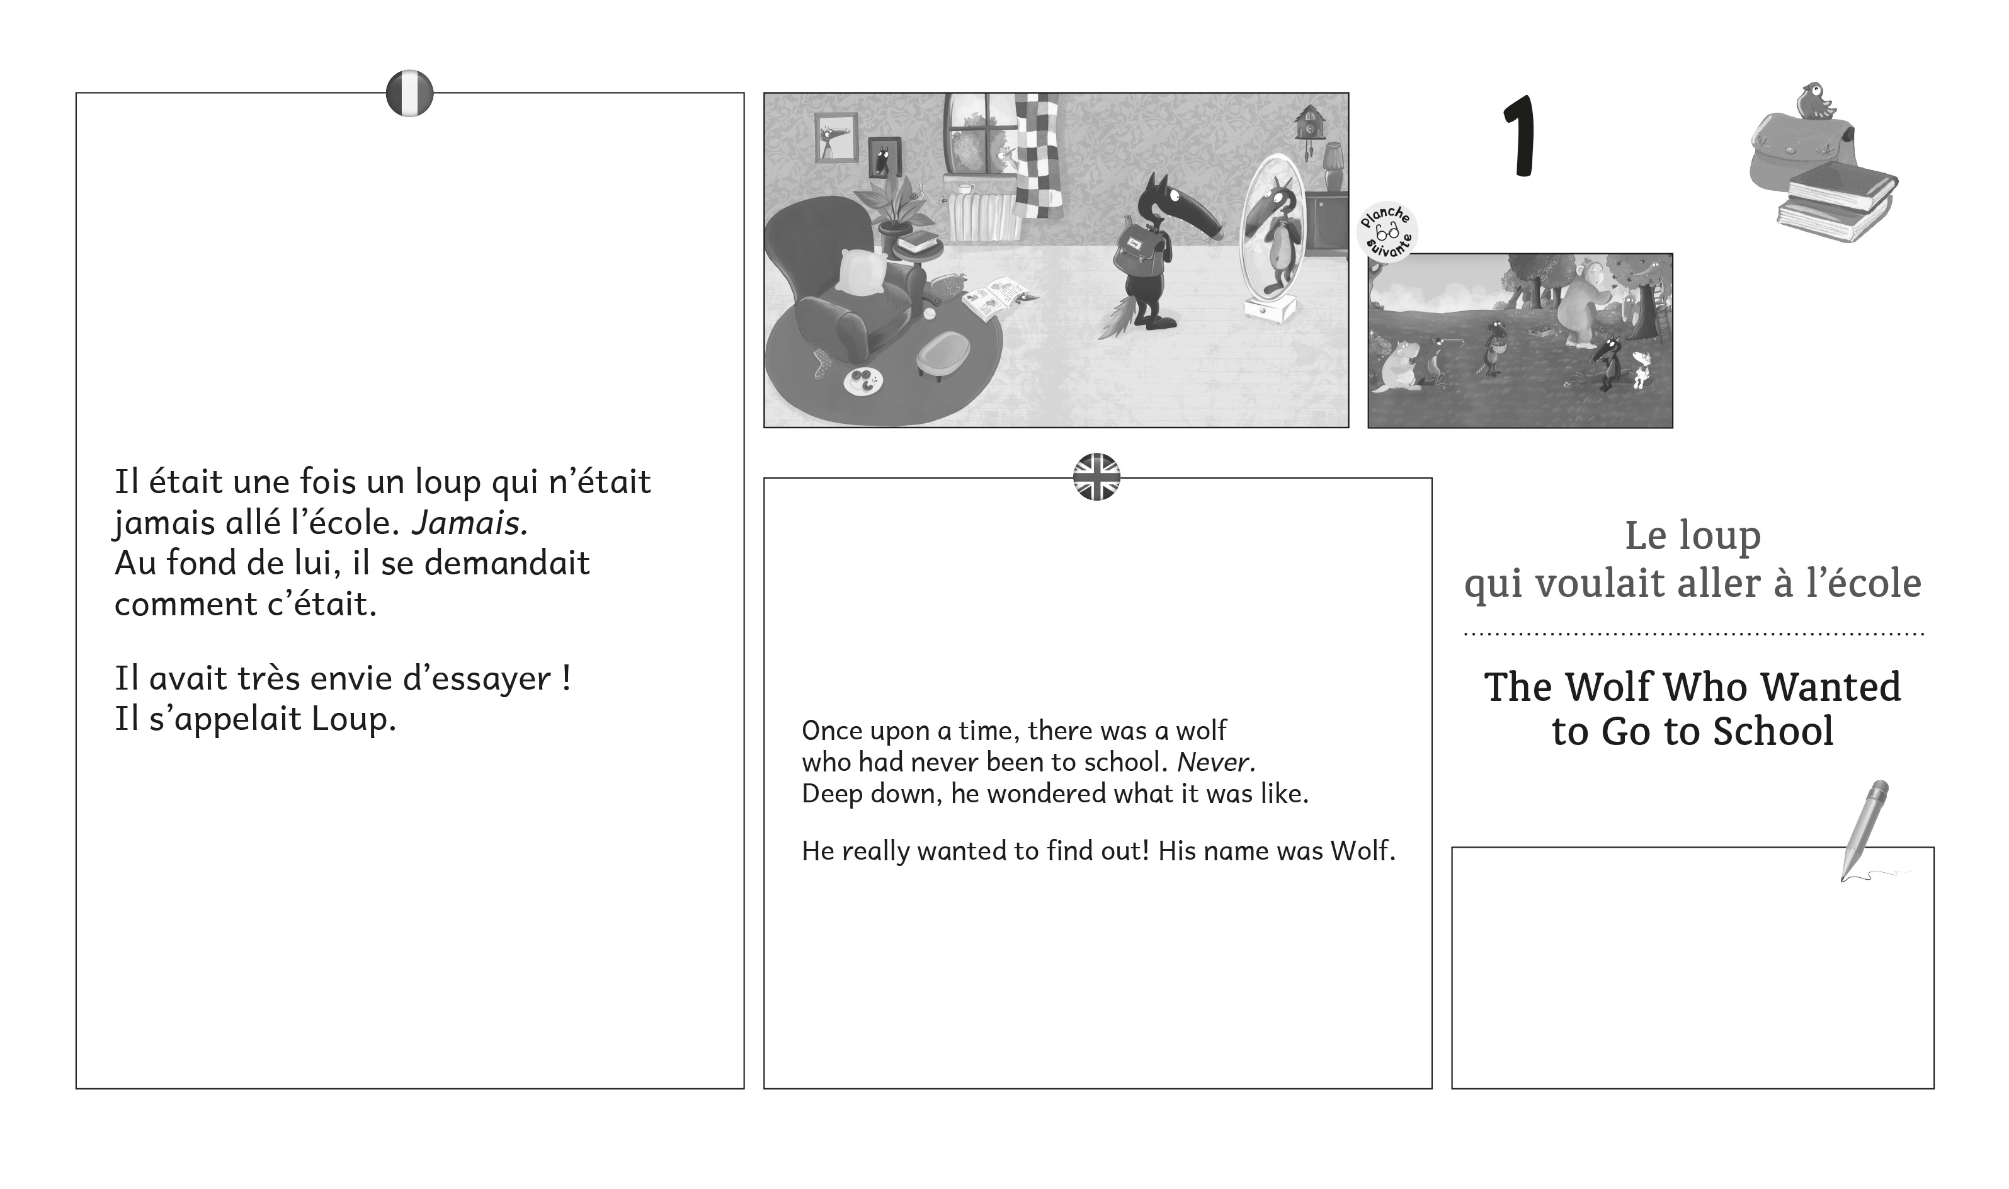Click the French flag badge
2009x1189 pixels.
[x=409, y=93]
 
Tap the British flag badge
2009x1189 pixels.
[x=1096, y=477]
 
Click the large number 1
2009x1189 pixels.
[x=1520, y=136]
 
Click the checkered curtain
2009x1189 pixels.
[x=1039, y=157]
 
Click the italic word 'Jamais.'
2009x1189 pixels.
[x=469, y=523]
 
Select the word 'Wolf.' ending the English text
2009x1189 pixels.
[x=1363, y=850]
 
